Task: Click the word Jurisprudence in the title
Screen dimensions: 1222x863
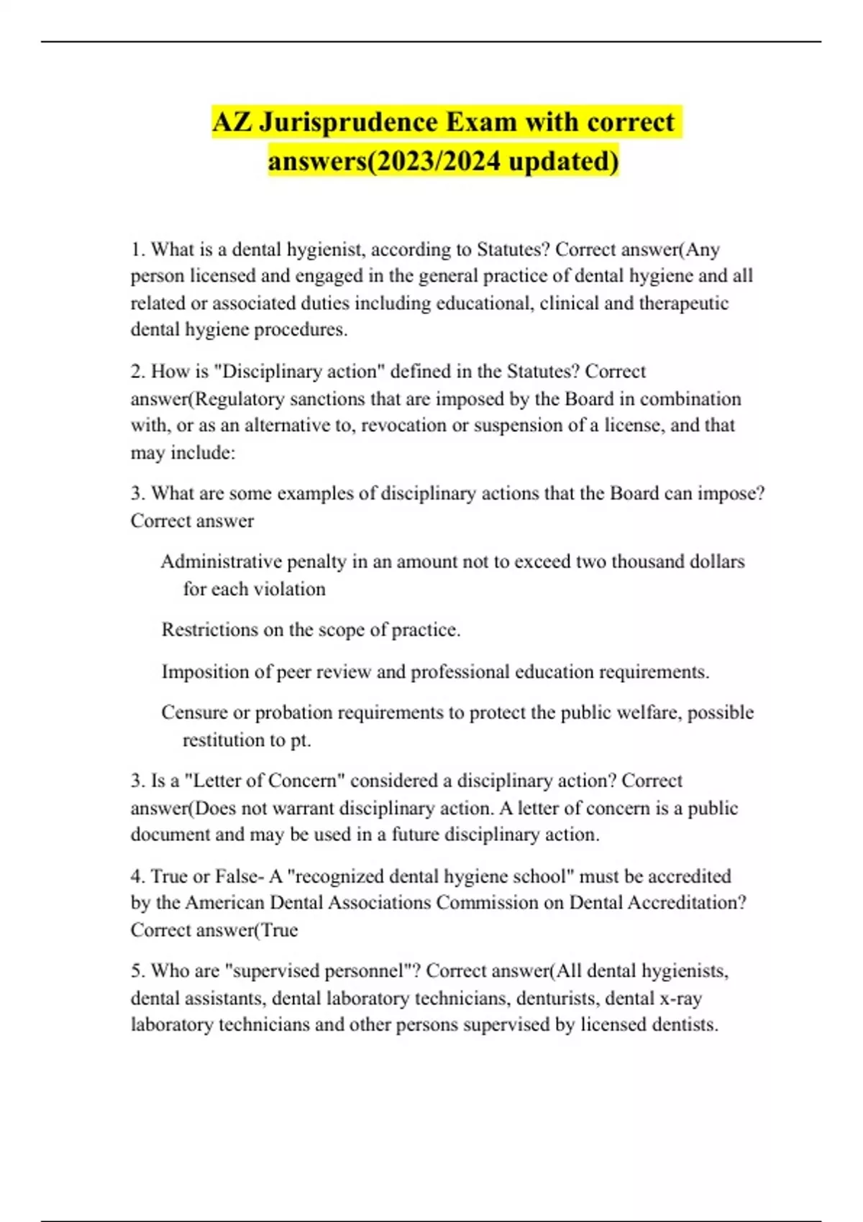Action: pos(351,122)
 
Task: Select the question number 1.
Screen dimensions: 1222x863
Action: pos(137,249)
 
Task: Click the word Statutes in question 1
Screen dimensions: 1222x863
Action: pos(511,249)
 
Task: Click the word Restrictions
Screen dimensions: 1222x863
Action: pos(209,630)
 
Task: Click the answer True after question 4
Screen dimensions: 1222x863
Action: pos(279,930)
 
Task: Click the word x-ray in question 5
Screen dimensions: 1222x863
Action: pos(680,998)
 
